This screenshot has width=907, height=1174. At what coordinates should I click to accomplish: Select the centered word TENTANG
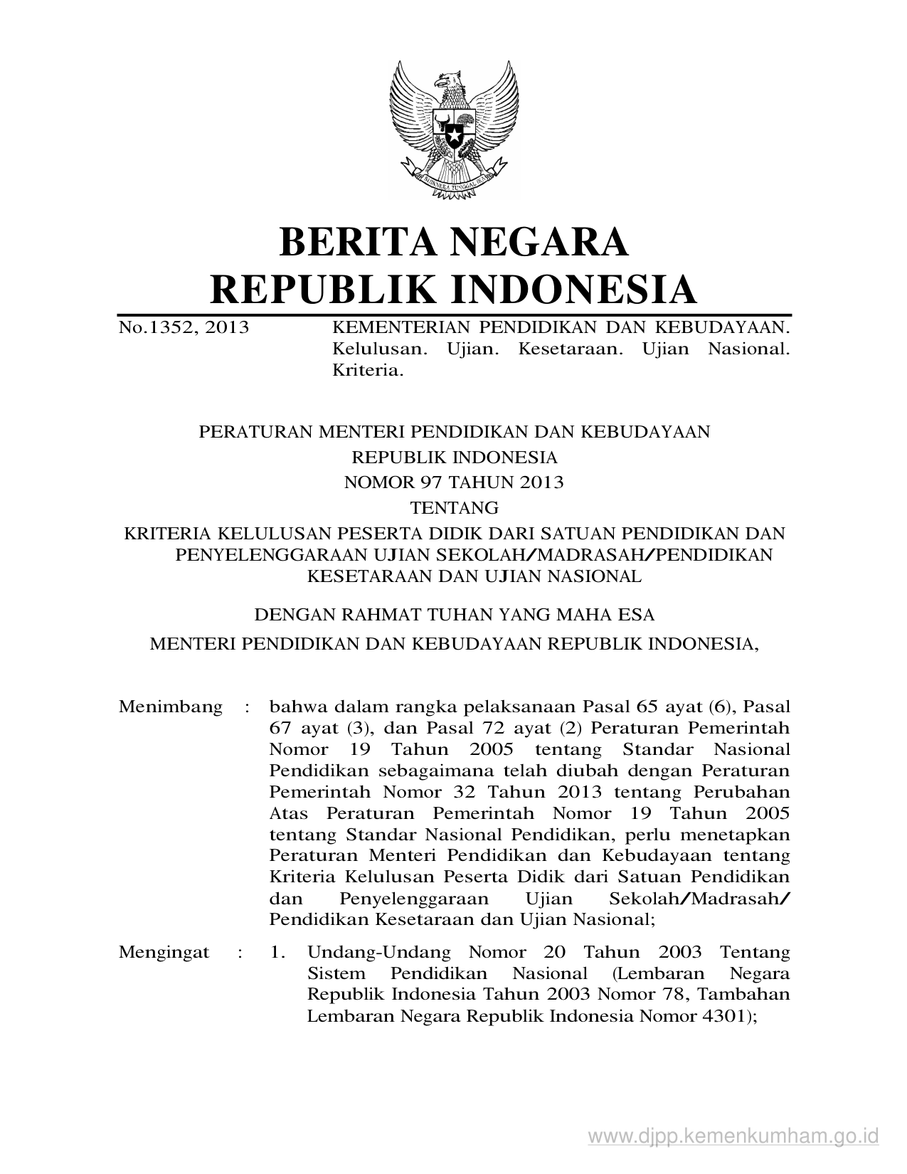tap(455, 508)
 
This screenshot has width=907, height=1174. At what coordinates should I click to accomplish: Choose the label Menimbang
tap(171, 707)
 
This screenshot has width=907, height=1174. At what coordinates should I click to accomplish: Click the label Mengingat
tap(164, 952)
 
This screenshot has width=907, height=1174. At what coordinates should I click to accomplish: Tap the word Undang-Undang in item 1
tap(379, 952)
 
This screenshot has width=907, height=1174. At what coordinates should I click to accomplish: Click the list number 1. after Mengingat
tap(277, 952)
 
